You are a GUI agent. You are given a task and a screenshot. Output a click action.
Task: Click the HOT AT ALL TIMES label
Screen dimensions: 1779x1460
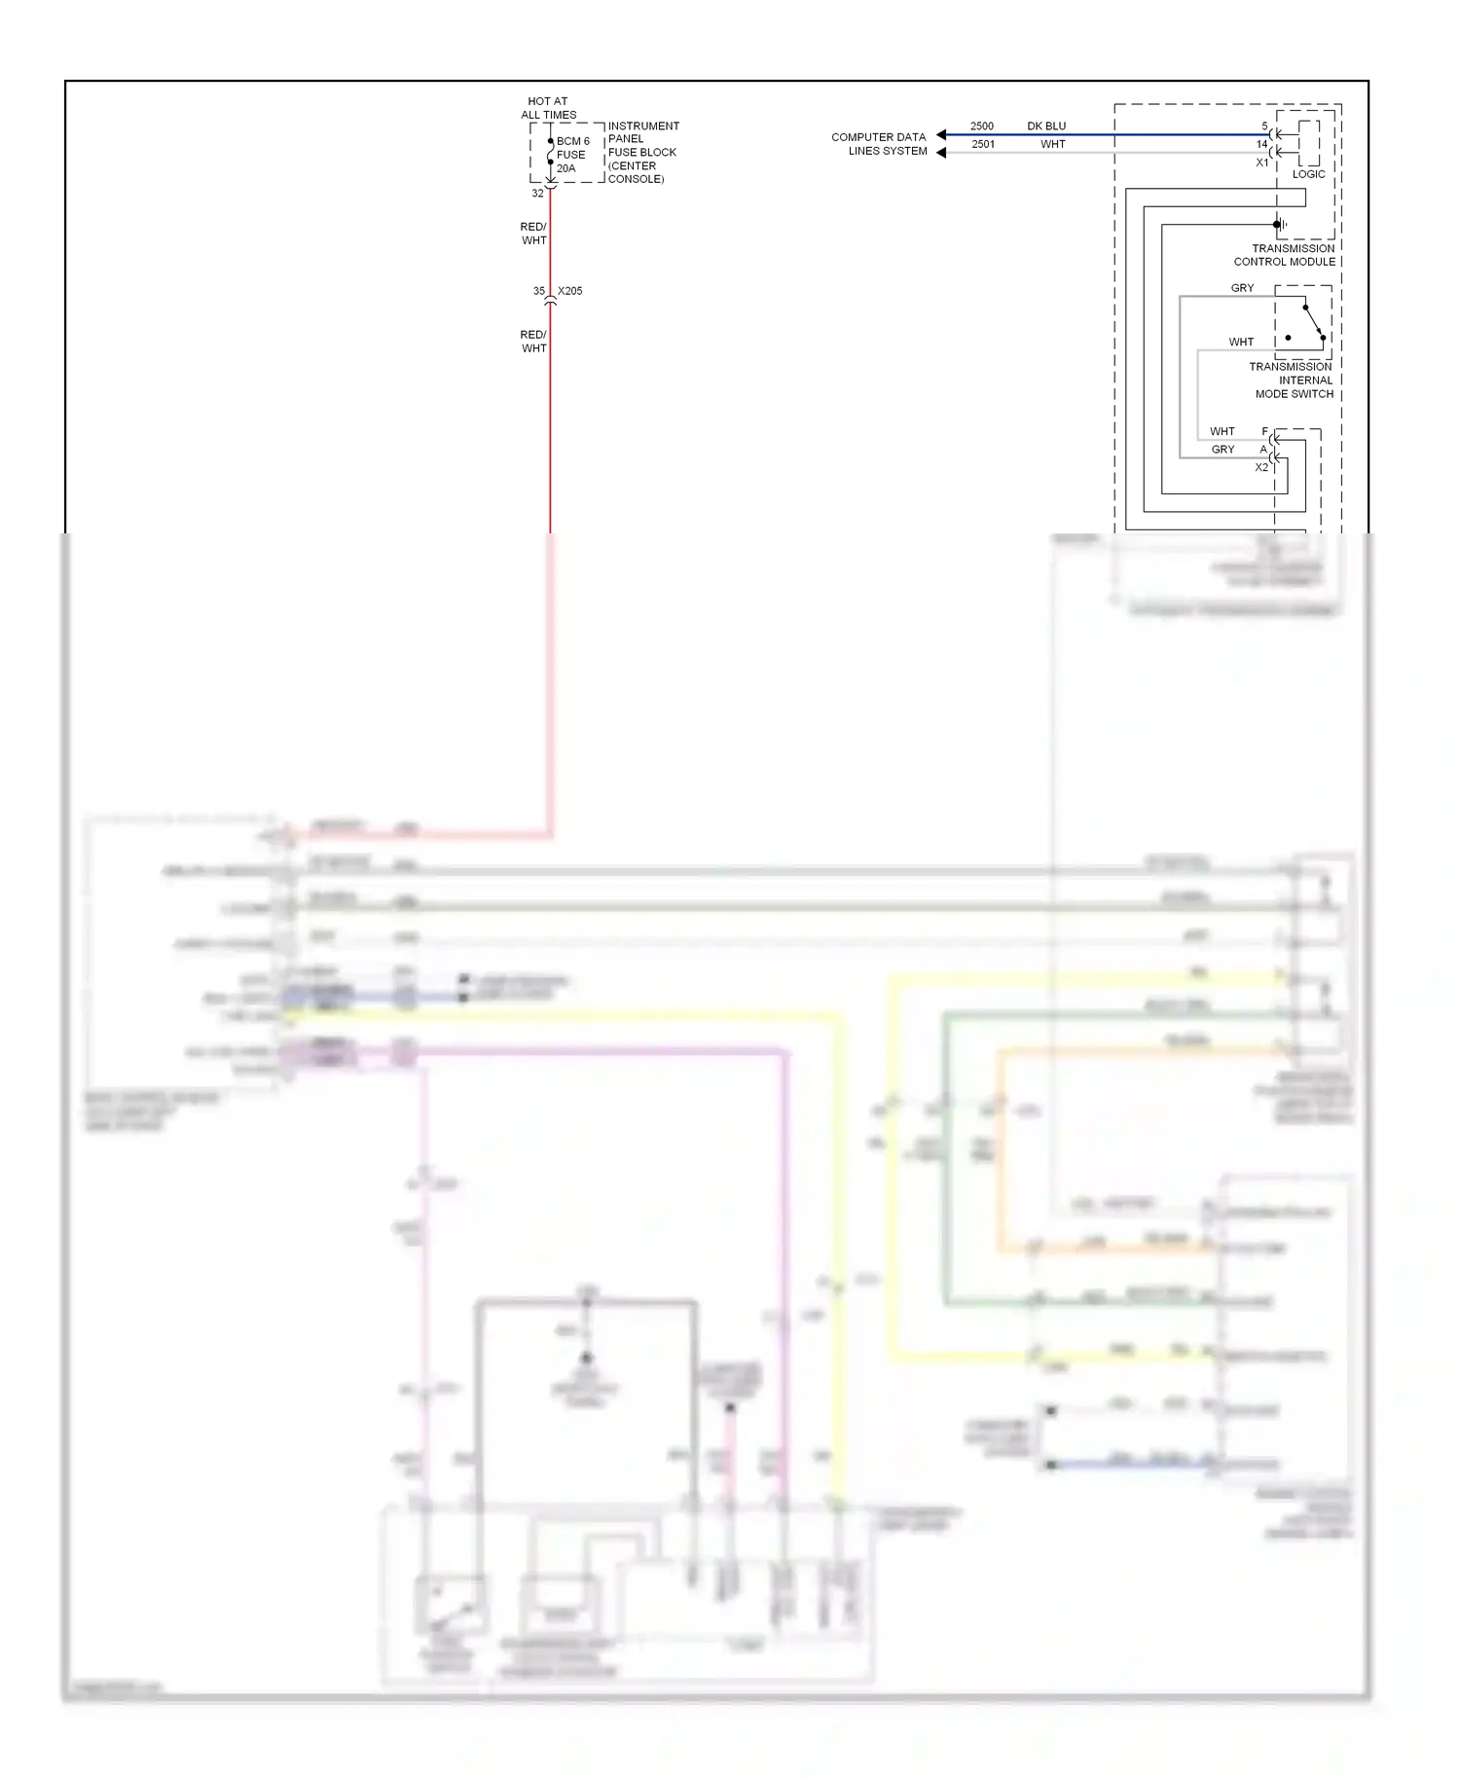548,108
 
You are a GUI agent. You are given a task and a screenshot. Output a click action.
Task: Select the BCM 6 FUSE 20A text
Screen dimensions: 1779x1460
571,155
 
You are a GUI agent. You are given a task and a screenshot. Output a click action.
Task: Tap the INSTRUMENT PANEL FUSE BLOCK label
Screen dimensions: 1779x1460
642,152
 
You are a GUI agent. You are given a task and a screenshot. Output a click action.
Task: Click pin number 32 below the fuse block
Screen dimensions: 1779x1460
537,194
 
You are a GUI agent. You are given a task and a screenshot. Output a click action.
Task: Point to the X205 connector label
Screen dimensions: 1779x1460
570,291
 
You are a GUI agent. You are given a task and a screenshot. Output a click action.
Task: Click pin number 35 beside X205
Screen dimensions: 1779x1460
538,291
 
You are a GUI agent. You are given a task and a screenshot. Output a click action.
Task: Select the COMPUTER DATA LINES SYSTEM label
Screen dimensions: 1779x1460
879,144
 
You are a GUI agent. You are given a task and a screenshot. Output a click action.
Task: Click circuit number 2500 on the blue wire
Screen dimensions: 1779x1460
981,127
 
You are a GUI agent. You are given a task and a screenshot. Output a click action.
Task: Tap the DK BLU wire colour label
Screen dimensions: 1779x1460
1046,127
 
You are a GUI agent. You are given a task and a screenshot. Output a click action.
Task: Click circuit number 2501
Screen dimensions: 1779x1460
983,144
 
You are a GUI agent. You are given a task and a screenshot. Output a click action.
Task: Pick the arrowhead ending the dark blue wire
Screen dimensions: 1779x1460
941,135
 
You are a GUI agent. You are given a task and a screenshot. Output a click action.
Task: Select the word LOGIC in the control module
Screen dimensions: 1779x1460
1308,174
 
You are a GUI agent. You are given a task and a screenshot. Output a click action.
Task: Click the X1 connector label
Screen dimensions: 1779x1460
1262,163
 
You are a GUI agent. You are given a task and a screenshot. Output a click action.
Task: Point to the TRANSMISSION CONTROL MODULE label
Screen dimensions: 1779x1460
1285,255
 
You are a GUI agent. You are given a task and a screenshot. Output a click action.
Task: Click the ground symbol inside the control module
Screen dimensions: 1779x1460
1284,225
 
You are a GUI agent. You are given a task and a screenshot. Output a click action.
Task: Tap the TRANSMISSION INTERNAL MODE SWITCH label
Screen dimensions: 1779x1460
1292,381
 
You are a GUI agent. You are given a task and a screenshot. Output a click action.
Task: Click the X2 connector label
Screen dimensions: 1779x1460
1261,467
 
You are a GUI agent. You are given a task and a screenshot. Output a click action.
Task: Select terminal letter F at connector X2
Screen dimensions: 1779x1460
1264,431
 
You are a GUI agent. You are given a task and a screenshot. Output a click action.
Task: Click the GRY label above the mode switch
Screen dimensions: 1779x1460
1242,288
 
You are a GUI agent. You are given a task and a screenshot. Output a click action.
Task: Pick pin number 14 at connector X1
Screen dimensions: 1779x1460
1261,144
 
